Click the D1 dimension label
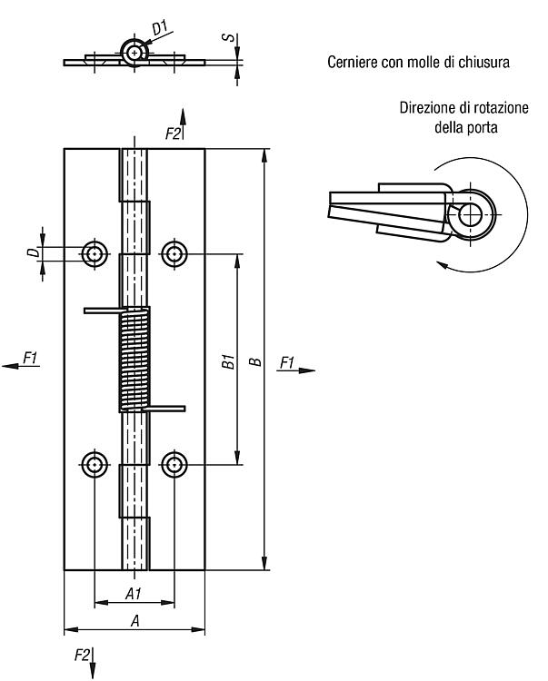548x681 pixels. point(160,28)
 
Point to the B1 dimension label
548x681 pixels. point(228,361)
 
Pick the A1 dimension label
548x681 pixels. point(134,593)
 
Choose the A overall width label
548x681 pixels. point(135,621)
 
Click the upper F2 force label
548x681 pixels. point(173,133)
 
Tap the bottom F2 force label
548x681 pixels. point(82,655)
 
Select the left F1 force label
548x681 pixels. point(30,359)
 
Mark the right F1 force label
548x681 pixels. point(287,362)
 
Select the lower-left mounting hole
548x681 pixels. point(95,464)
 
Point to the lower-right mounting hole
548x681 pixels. point(174,464)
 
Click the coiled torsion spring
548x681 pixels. point(135,360)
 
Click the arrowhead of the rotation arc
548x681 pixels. point(443,265)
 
